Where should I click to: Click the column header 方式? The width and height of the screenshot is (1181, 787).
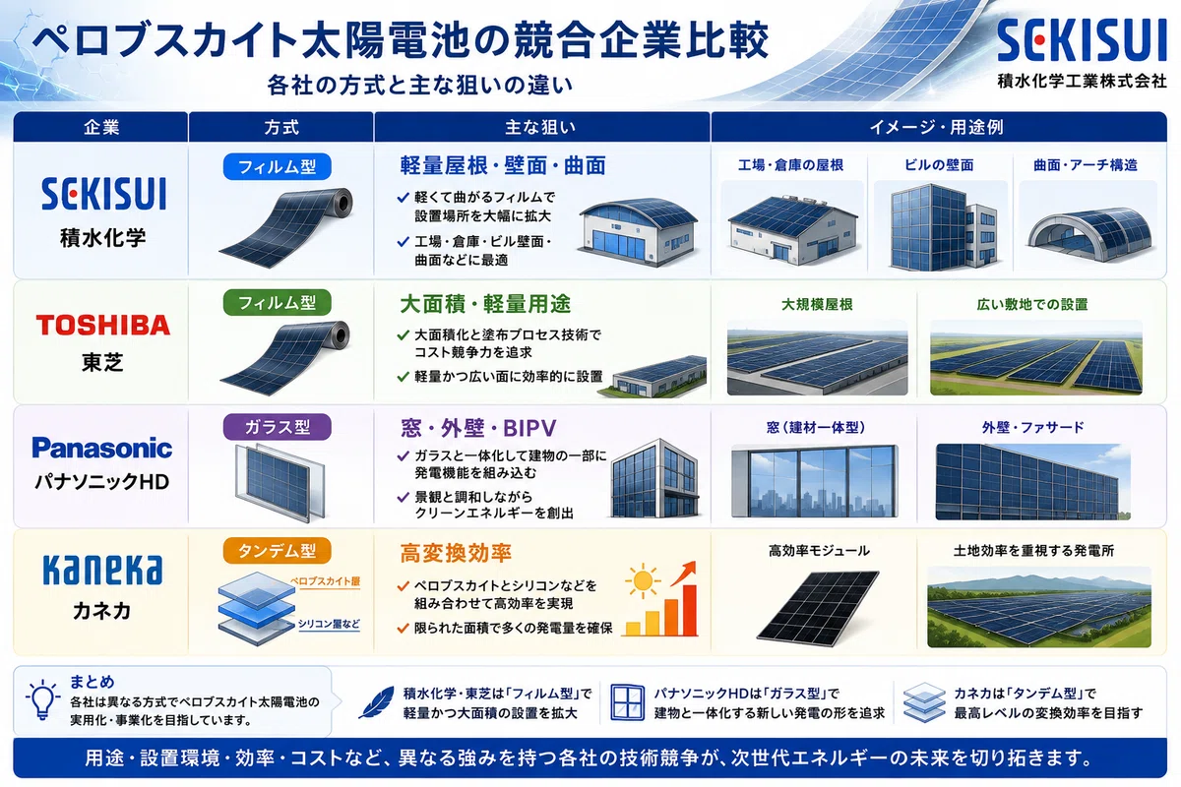(x=281, y=128)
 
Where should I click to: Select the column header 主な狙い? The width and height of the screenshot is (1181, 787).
(x=540, y=128)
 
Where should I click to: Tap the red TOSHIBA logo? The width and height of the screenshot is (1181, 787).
(x=102, y=325)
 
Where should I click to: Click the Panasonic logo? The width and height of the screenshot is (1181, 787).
(x=101, y=448)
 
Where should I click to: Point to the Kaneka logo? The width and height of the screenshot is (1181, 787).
(x=102, y=570)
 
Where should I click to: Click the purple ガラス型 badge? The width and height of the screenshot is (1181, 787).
(x=278, y=427)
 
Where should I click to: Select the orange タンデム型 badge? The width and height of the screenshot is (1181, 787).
(x=278, y=551)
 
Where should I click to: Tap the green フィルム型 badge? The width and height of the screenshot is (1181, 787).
(x=278, y=303)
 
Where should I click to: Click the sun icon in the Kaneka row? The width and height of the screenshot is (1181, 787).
(x=643, y=581)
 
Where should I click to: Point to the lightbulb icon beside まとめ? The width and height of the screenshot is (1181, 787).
(x=42, y=699)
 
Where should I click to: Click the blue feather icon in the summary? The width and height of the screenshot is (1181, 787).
(x=376, y=702)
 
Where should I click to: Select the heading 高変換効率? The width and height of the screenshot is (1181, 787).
(x=456, y=553)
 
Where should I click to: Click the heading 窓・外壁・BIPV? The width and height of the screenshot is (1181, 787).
(x=478, y=428)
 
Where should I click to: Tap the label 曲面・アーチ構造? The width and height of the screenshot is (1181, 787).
(x=1085, y=165)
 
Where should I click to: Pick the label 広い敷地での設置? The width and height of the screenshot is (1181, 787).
(x=1032, y=305)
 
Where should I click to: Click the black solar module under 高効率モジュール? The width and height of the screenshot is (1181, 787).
(x=818, y=608)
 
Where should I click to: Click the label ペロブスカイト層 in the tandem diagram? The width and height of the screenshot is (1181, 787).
(x=325, y=580)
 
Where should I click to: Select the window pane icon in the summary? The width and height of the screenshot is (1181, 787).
(x=628, y=702)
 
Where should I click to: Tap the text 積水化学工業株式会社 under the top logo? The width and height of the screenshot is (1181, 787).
(x=1082, y=81)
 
